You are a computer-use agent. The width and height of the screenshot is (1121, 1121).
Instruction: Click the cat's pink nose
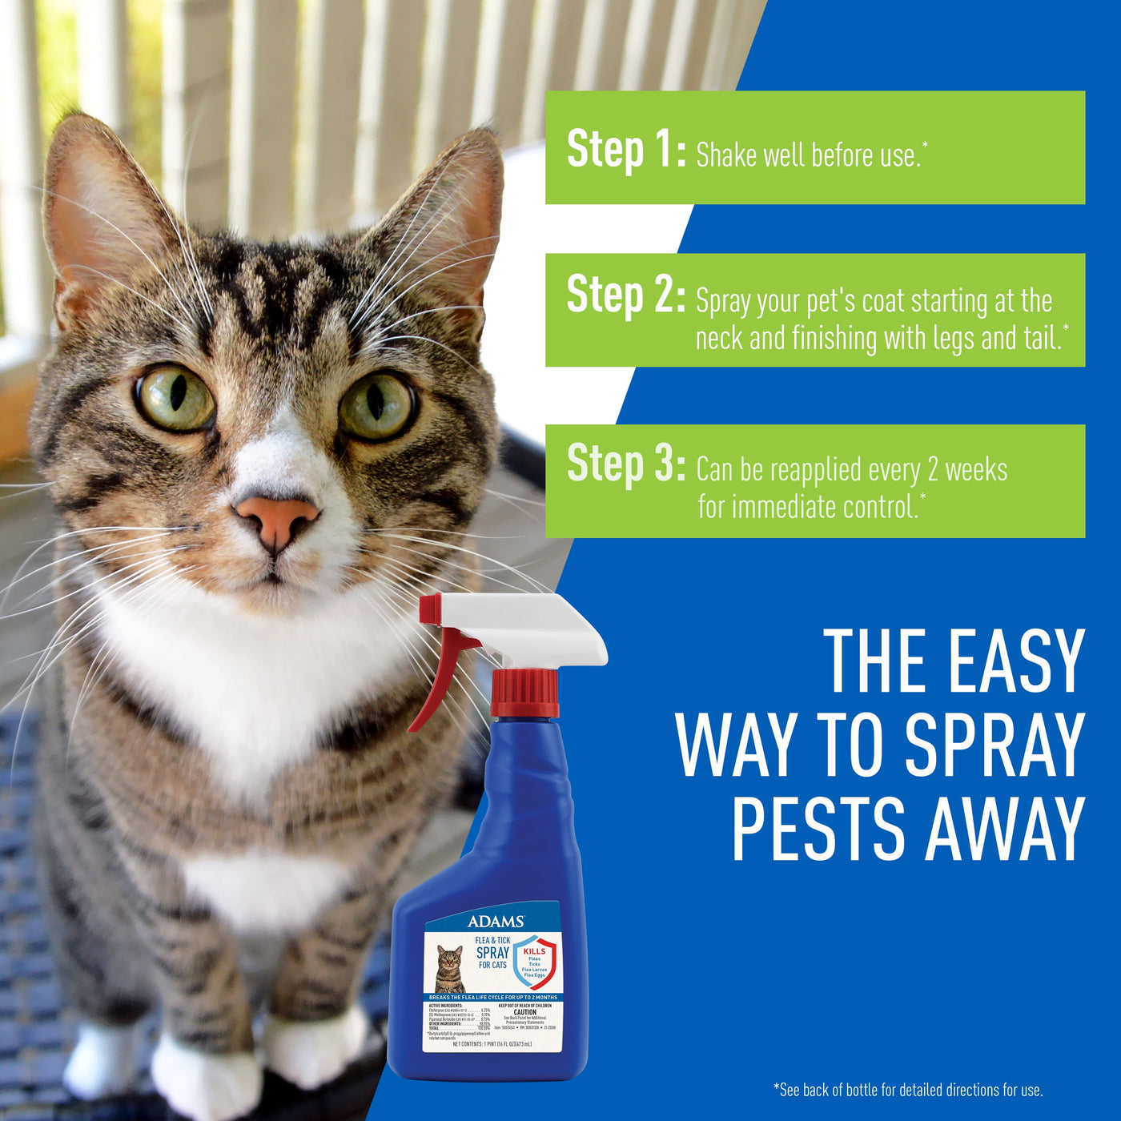[276, 520]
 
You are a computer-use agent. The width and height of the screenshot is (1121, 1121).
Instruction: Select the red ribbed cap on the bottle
[524, 693]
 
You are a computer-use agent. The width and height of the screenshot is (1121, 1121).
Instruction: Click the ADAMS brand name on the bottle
[496, 922]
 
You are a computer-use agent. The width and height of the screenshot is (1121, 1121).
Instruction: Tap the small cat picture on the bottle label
[449, 968]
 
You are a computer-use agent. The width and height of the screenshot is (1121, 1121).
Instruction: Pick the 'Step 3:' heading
[625, 464]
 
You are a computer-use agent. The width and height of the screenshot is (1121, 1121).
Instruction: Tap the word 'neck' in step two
[720, 339]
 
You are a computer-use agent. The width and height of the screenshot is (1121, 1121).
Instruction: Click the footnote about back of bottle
[908, 1090]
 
